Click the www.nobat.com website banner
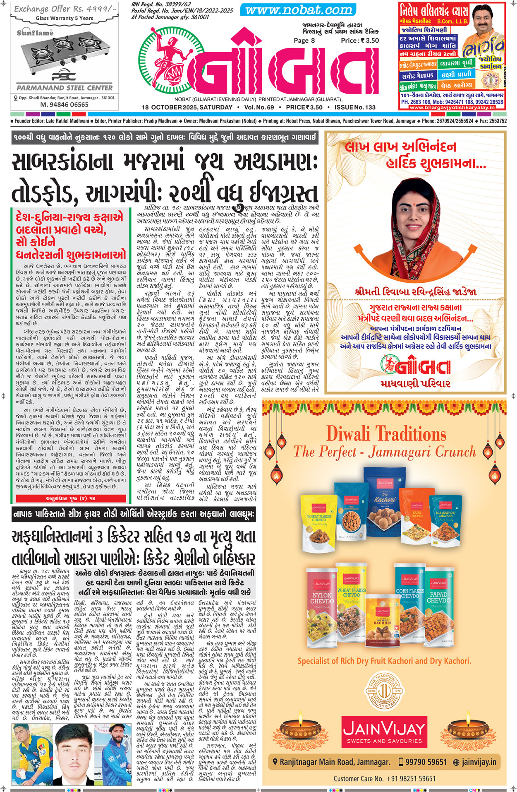pos(299,10)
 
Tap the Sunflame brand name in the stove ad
pos(35,32)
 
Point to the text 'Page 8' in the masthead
pos(304,41)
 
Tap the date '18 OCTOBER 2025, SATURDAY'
pos(187,107)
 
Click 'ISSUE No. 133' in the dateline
pos(355,107)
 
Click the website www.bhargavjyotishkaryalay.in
pos(452,108)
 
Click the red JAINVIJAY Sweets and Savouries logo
pos(384,730)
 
